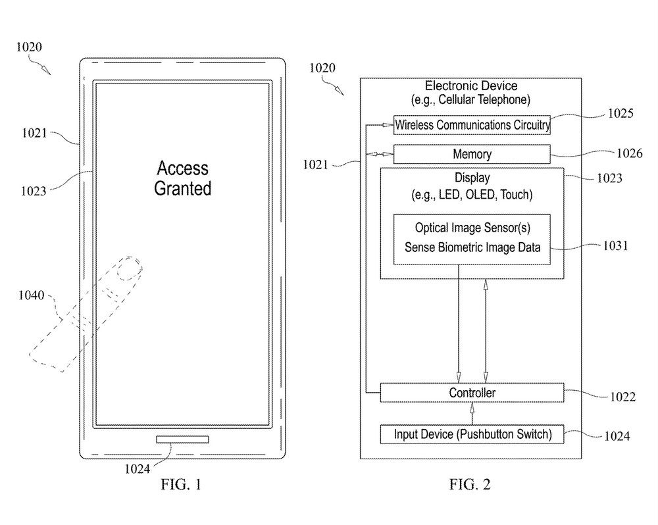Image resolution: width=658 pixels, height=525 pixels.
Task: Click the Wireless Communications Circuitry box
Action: [472, 124]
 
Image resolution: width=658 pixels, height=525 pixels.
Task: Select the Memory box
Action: [472, 154]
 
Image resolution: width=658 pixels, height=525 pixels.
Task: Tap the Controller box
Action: [472, 393]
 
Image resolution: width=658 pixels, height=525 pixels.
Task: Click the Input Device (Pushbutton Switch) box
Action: [472, 434]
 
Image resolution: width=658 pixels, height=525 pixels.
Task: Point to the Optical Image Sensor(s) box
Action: [472, 239]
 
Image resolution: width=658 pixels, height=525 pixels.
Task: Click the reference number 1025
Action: [620, 113]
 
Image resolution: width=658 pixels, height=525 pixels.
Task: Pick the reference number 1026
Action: [629, 153]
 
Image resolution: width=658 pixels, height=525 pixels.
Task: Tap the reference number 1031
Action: [615, 245]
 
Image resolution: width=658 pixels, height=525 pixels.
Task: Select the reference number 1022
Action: [622, 397]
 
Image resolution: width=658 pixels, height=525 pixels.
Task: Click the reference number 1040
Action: [31, 295]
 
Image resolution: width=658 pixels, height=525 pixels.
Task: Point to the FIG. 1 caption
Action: [181, 484]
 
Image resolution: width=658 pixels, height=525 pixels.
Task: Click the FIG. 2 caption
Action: [470, 484]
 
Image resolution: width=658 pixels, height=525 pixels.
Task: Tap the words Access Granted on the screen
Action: [182, 178]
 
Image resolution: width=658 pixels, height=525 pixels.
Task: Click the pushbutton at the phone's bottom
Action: [182, 439]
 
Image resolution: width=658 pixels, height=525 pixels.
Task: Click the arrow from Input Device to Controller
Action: [472, 413]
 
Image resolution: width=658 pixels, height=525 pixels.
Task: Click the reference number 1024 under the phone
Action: [138, 468]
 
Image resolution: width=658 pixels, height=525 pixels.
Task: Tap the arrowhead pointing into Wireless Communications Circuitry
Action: [388, 124]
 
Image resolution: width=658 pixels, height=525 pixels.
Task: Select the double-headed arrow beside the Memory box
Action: [380, 154]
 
